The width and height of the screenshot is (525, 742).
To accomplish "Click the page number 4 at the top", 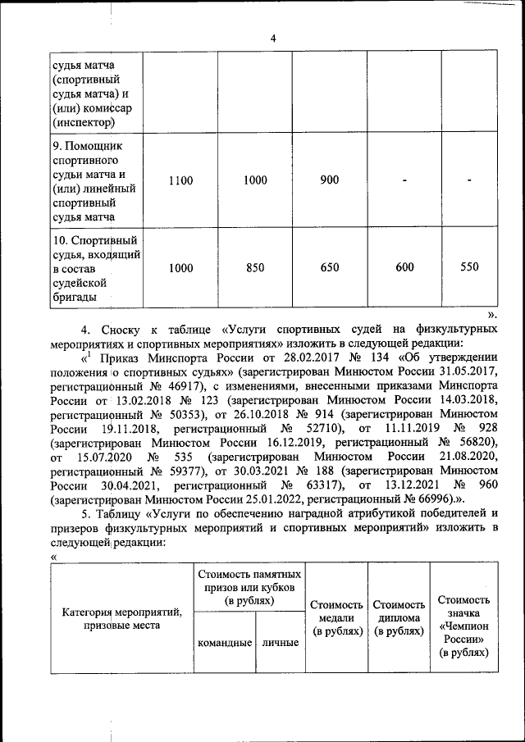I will point(274,38).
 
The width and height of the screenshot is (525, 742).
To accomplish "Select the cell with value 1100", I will point(181,181).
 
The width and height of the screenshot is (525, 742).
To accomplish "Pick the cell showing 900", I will point(330,181).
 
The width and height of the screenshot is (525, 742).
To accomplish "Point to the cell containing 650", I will point(330,267).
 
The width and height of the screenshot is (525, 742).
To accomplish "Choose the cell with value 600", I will point(404,267).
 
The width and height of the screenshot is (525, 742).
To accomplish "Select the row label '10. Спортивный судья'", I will point(93,268).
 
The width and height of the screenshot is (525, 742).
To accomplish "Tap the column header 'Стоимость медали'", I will point(337,618).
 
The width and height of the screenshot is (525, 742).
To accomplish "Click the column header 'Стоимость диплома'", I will point(399,618).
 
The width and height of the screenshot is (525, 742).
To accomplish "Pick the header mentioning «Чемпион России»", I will point(464,627).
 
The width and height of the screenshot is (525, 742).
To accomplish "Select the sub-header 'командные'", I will point(225,643).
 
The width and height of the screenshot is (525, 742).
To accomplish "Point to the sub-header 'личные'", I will point(280,643).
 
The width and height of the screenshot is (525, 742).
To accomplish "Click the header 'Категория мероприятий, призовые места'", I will point(122,619).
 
